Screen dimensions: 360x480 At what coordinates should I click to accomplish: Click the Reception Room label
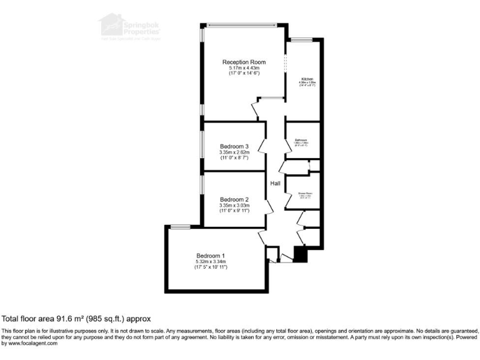(x=244, y=62)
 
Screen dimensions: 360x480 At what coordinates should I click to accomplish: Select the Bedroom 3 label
(x=234, y=146)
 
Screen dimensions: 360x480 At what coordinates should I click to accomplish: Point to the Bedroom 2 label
(x=234, y=199)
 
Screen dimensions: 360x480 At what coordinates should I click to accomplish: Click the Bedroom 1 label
(x=210, y=256)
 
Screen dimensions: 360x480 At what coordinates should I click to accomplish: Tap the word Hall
(x=276, y=183)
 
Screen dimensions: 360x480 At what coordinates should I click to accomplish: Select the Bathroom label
(x=301, y=140)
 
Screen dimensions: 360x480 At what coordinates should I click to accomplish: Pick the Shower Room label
(x=304, y=194)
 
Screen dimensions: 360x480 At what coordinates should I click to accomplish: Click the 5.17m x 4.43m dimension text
(x=244, y=68)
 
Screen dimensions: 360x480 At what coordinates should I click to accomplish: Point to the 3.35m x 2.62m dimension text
(x=234, y=152)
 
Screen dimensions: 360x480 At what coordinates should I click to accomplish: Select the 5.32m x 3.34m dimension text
(x=210, y=262)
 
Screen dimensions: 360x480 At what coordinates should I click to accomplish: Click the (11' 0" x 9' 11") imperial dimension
(x=234, y=211)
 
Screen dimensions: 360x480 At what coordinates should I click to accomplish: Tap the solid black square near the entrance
(x=299, y=255)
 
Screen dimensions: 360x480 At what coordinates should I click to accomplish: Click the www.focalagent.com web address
(x=30, y=343)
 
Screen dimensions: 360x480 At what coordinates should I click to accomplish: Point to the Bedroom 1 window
(x=181, y=226)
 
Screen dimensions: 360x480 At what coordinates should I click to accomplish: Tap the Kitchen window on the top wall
(x=301, y=40)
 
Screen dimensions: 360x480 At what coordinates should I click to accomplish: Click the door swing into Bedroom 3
(x=264, y=147)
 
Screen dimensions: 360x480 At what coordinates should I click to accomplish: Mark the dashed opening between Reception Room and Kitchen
(x=285, y=63)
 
